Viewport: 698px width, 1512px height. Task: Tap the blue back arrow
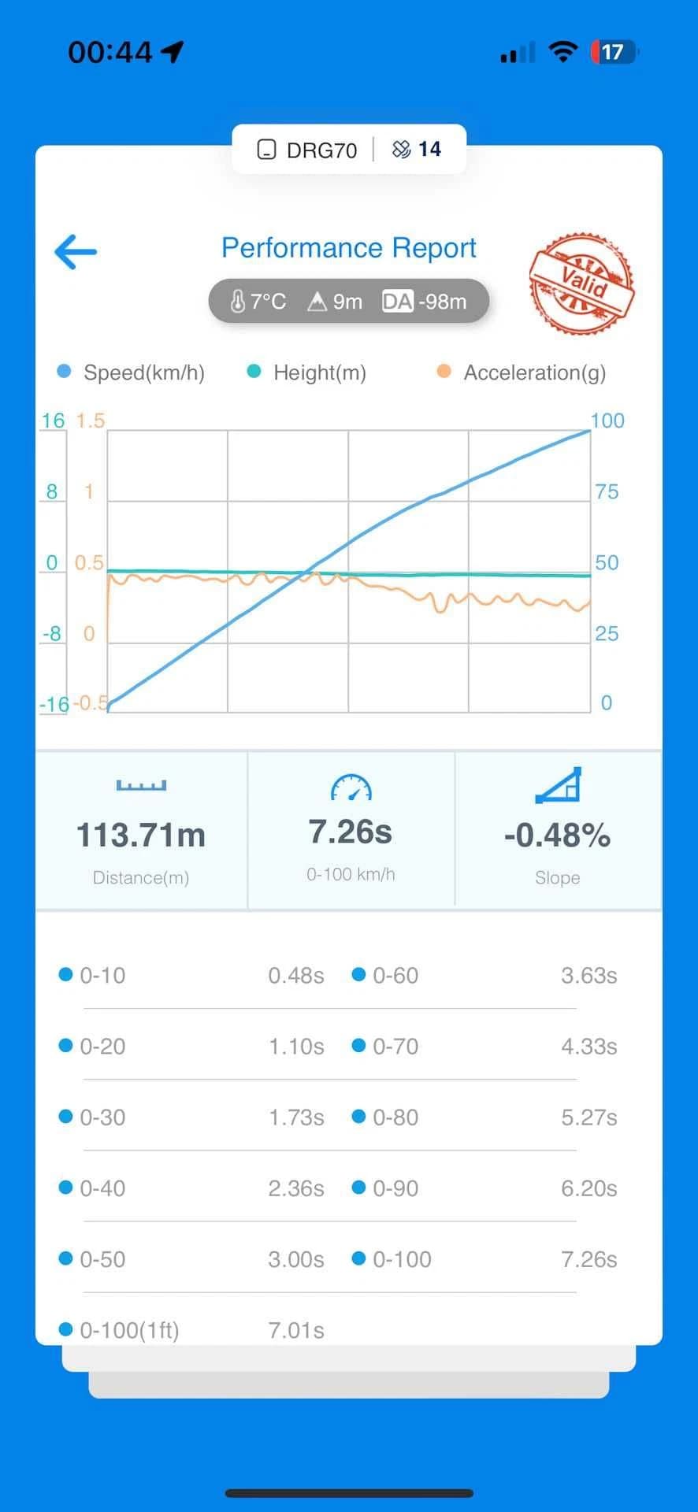[75, 252]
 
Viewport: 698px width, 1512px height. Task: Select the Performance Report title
[348, 248]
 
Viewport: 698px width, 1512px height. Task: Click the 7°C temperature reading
[258, 302]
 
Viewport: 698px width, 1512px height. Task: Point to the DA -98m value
[424, 302]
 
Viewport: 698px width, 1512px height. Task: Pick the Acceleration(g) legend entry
[522, 372]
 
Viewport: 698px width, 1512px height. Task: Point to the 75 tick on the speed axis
[607, 492]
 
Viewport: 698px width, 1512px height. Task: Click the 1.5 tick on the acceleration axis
[90, 421]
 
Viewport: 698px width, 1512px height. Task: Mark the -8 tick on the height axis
[51, 633]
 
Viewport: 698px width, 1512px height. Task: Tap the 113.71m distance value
[141, 835]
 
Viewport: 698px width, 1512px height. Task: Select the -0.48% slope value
[557, 835]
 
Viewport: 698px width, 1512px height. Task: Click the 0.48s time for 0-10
[296, 976]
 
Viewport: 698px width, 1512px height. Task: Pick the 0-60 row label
[395, 976]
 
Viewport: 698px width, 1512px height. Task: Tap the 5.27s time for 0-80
[589, 1117]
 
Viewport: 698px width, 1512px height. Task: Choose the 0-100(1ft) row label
[130, 1330]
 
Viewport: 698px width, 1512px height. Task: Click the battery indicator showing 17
[614, 52]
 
